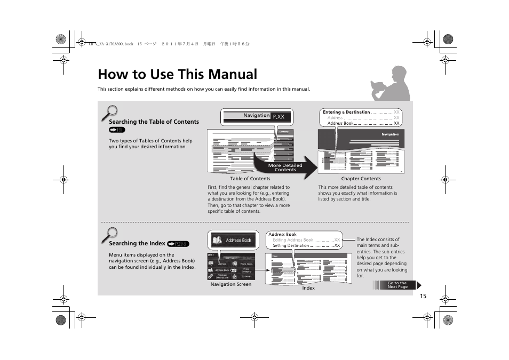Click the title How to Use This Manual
click(x=177, y=74)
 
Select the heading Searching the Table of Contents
click(x=154, y=122)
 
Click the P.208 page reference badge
click(x=178, y=244)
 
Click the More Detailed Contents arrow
click(x=285, y=167)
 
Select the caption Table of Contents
click(x=250, y=179)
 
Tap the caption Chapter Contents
click(x=361, y=179)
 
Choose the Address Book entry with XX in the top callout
click(x=363, y=123)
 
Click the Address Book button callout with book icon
click(x=232, y=240)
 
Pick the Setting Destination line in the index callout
click(x=306, y=246)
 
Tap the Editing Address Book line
click(x=306, y=240)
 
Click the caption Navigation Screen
click(x=230, y=284)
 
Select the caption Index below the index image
click(x=308, y=288)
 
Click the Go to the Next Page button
click(x=397, y=285)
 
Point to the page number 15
click(x=423, y=297)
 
